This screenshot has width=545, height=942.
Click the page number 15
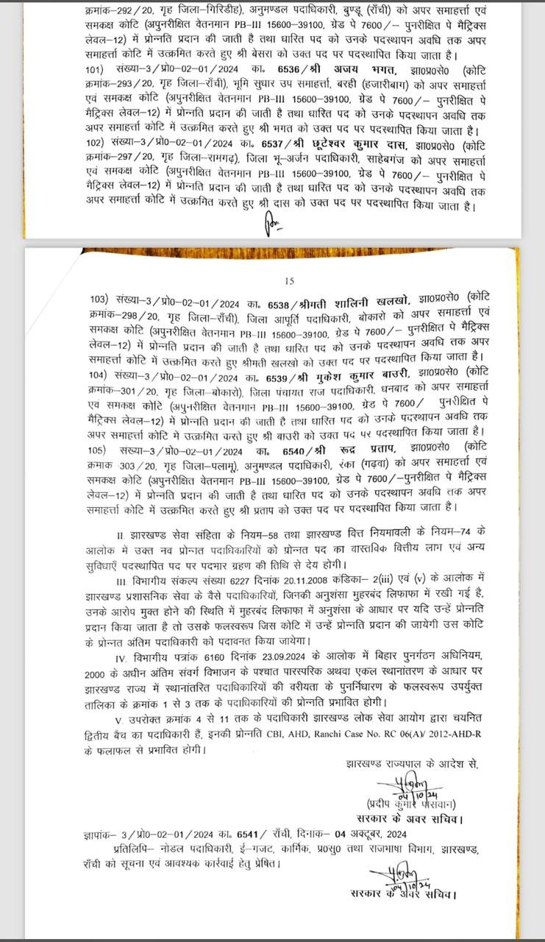(x=289, y=280)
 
